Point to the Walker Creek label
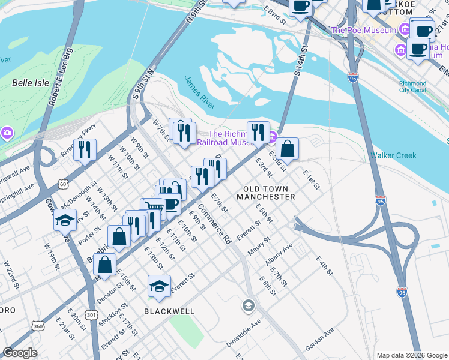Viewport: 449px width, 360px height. [x=393, y=155]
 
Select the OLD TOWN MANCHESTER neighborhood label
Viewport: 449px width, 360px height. [x=269, y=193]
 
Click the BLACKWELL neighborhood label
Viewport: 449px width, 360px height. [x=169, y=311]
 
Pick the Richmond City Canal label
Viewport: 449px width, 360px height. [x=413, y=87]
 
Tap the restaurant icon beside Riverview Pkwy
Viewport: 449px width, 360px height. [x=85, y=149]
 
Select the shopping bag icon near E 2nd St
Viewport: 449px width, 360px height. [x=287, y=148]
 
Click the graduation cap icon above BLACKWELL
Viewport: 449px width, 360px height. [x=159, y=286]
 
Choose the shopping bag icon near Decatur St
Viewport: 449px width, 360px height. [x=104, y=264]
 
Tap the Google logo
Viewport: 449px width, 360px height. [x=20, y=353]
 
